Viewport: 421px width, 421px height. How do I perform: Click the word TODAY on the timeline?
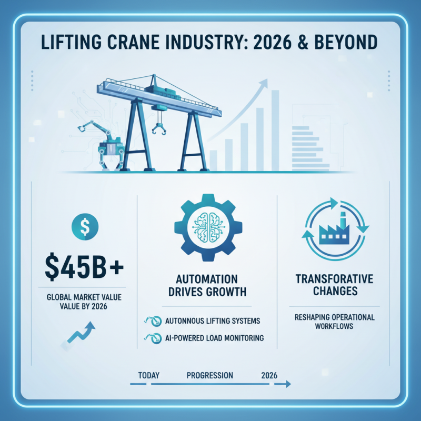click(149, 376)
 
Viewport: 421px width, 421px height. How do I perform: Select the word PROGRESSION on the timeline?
click(209, 376)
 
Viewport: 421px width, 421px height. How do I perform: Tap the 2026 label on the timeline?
click(269, 376)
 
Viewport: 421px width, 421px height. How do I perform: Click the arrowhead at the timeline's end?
click(287, 385)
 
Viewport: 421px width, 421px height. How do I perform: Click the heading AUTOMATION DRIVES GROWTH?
click(208, 285)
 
